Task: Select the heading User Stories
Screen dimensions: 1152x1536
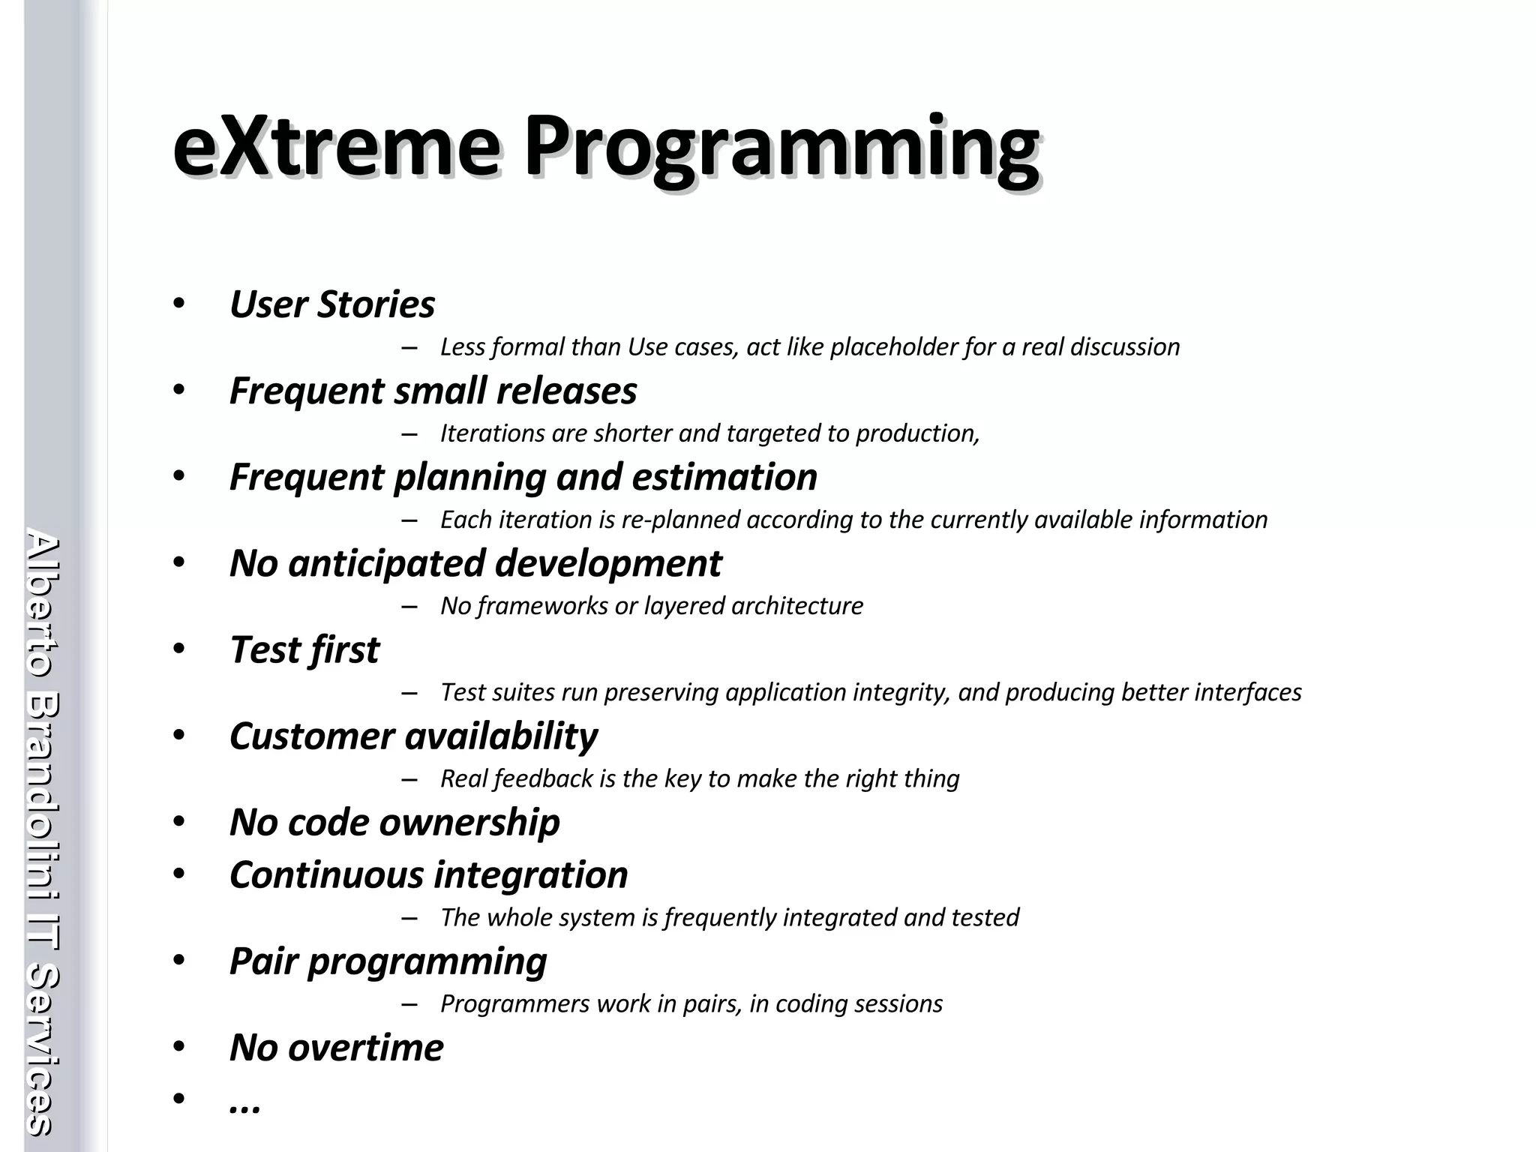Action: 331,304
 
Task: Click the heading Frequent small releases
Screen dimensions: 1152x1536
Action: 433,391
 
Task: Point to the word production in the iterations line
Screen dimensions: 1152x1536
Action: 916,433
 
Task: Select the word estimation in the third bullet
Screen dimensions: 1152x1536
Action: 724,477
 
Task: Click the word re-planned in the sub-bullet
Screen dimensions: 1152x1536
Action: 681,520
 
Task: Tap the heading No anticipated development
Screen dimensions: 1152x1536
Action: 475,563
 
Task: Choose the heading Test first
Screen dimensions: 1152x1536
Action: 304,649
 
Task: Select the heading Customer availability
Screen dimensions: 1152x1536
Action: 413,736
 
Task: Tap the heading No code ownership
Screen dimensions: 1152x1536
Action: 394,822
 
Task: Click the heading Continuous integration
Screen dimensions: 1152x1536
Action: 428,874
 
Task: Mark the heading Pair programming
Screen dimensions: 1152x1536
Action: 388,961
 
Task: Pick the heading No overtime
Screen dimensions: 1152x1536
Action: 336,1048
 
